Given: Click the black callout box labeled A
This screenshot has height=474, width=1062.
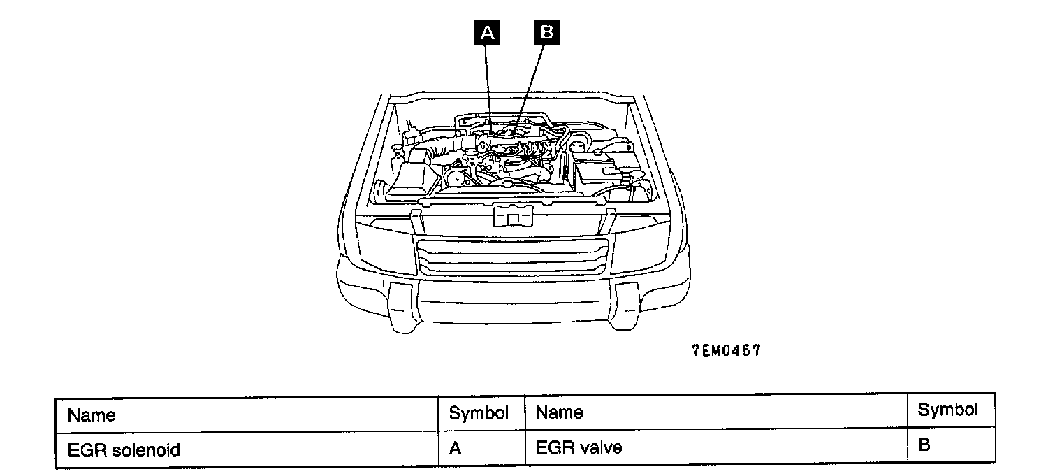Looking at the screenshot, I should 487,33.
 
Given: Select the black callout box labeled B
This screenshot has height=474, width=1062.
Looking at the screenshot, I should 546,33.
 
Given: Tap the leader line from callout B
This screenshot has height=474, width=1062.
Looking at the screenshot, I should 532,80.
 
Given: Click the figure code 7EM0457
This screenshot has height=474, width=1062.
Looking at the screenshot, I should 726,351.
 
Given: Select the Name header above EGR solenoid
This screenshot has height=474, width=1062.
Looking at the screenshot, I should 92,415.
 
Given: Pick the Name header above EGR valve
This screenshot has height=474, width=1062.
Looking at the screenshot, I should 559,412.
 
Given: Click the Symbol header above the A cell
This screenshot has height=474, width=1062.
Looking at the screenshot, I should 479,412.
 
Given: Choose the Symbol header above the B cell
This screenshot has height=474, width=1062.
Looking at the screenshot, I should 947,410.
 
